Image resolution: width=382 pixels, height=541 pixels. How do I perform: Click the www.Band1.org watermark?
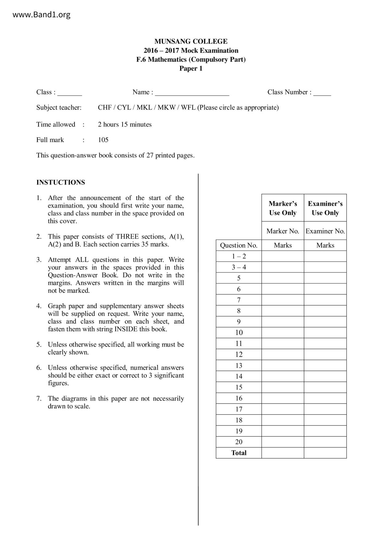pyautogui.click(x=41, y=14)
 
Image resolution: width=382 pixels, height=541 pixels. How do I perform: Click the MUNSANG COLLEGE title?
pyautogui.click(x=191, y=41)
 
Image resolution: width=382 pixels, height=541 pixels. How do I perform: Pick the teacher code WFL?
pyautogui.click(x=188, y=107)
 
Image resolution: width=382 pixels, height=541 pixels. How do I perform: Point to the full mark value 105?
pyautogui.click(x=103, y=140)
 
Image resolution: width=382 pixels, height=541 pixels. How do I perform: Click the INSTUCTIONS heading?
pyautogui.click(x=61, y=182)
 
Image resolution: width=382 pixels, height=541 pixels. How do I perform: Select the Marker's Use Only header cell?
pyautogui.click(x=282, y=208)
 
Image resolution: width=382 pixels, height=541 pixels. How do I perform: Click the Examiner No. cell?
pyautogui.click(x=325, y=231)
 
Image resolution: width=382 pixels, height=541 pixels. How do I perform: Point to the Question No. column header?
pyautogui.click(x=238, y=245)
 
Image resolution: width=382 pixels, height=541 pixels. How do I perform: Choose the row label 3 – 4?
pyautogui.click(x=239, y=267)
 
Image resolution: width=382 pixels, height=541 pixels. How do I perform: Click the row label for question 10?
pyautogui.click(x=239, y=332)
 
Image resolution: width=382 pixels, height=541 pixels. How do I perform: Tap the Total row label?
pyautogui.click(x=239, y=453)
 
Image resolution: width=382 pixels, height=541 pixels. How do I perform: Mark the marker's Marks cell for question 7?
pyautogui.click(x=282, y=300)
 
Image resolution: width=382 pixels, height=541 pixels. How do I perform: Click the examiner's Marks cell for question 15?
pyautogui.click(x=325, y=387)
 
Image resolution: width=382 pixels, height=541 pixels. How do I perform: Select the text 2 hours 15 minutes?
pyautogui.click(x=125, y=124)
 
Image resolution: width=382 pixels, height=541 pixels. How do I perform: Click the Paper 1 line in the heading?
pyautogui.click(x=191, y=68)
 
